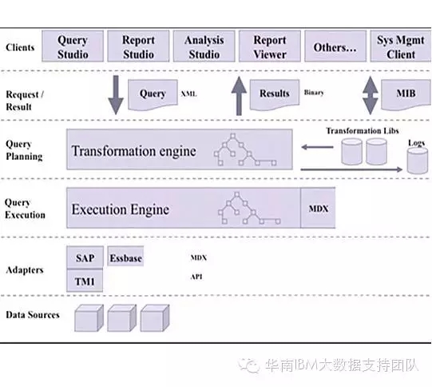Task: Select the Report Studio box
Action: point(138,47)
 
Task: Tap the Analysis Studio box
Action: point(204,47)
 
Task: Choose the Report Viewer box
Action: point(269,47)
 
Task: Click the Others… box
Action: point(335,47)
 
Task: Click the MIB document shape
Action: point(405,94)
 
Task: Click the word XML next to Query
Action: point(188,94)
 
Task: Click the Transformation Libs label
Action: point(361,130)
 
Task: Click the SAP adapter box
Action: point(85,258)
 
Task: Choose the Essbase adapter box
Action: point(125,258)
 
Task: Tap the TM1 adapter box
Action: point(85,281)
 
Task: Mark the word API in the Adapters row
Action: point(196,277)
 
